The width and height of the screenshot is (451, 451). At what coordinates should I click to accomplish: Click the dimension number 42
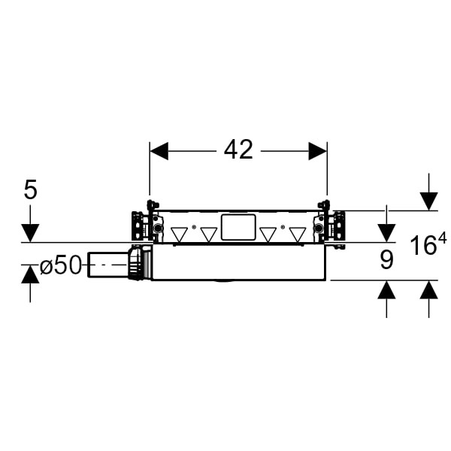238,150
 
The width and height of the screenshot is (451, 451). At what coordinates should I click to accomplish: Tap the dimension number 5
31,190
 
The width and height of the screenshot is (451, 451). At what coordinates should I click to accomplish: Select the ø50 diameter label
60,265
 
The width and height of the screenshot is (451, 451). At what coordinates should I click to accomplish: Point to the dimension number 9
386,260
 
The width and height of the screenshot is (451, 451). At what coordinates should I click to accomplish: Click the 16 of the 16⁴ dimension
422,245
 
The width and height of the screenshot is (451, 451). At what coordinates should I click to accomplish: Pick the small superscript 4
443,238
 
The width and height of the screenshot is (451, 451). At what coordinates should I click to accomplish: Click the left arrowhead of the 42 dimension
159,151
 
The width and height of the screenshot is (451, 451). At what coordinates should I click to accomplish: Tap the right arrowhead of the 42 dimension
317,151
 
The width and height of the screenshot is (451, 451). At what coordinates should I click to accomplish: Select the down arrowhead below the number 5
31,233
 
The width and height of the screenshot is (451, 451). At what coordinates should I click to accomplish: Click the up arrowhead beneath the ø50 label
30,274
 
